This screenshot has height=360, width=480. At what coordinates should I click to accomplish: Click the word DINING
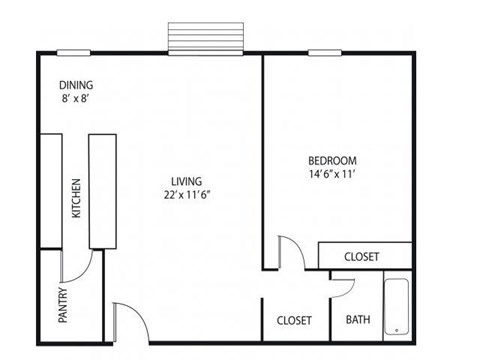point(76,85)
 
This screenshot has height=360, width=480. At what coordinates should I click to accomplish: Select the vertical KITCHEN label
point(76,198)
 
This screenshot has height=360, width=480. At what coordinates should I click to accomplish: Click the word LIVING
point(186,181)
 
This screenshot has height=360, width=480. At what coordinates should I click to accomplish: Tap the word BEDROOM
point(331,160)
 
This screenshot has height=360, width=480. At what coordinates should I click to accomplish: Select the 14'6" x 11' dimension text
point(331,174)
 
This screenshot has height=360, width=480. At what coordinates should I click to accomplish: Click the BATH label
point(358,320)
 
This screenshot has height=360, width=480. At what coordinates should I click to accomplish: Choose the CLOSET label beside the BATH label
point(294,320)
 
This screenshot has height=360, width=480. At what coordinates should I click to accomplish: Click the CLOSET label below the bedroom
point(361,256)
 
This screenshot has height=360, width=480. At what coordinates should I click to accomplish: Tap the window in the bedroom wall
point(322,52)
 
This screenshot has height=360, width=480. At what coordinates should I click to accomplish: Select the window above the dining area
point(73,52)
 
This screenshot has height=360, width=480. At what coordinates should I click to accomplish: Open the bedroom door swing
point(290,253)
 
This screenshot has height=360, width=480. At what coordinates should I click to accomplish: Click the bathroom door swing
point(344,286)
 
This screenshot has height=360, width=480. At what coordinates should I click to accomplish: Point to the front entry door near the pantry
point(128,322)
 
